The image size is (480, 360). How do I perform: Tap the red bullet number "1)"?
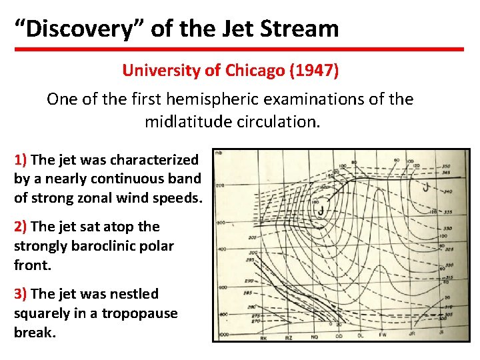click(x=21, y=160)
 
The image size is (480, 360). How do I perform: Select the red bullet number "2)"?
click(x=21, y=227)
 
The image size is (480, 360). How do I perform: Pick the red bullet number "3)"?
click(x=21, y=294)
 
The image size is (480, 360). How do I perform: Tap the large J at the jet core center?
click(x=321, y=212)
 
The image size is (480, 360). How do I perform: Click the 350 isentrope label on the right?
click(x=445, y=166)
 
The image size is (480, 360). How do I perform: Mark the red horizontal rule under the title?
click(x=240, y=49)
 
